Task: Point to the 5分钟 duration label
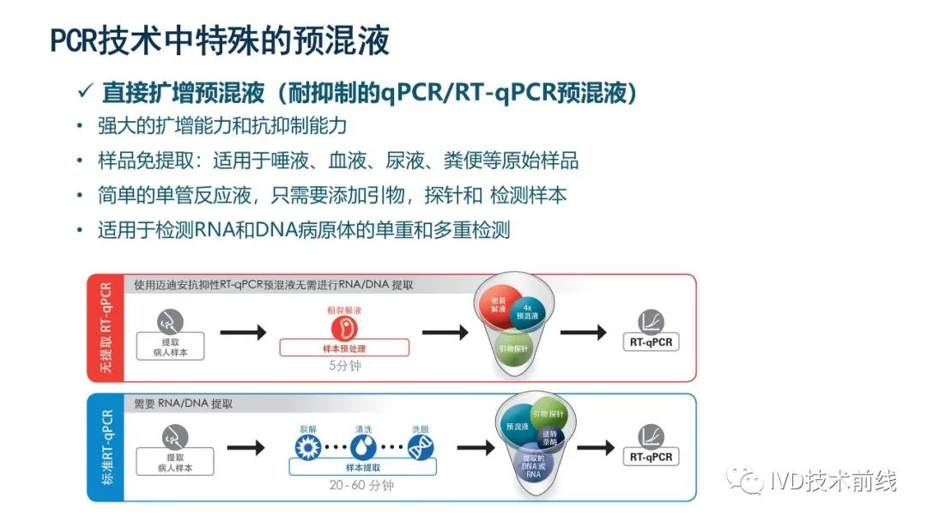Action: tap(344, 365)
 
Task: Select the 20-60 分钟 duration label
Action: tap(362, 486)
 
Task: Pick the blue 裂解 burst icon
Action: tap(307, 445)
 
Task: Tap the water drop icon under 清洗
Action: tap(363, 445)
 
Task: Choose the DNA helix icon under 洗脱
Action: tap(420, 445)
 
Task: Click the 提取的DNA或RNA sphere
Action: tap(532, 468)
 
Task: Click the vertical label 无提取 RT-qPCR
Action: tap(106, 327)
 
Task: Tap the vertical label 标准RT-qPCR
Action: tap(106, 446)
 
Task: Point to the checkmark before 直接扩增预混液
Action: tap(86, 92)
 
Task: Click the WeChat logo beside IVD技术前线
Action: tap(743, 482)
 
